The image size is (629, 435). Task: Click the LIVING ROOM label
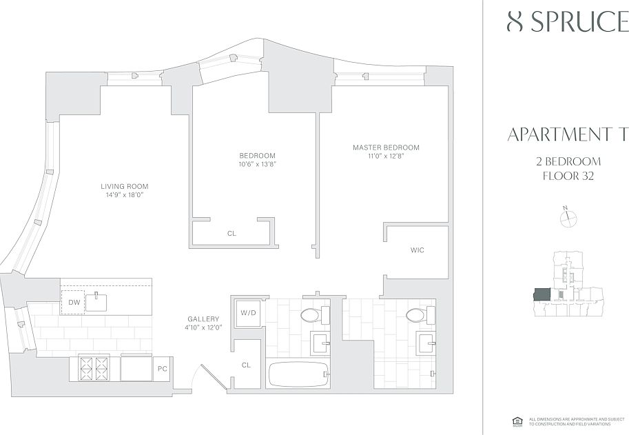[x=124, y=186]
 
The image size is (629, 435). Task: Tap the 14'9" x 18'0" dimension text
[x=124, y=195]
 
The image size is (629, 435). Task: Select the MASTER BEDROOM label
[x=386, y=148]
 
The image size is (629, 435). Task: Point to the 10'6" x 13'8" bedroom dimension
[x=257, y=164]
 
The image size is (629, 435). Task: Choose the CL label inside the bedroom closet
[x=231, y=234]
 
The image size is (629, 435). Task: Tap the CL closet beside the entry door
[x=246, y=365]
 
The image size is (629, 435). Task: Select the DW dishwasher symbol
[x=74, y=302]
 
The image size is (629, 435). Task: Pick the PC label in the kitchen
[x=163, y=369]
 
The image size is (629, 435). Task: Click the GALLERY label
[x=203, y=319]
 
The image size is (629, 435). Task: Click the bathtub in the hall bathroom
[x=298, y=374]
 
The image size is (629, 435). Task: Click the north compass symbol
[x=568, y=219]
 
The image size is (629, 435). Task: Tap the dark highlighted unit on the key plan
[x=542, y=294]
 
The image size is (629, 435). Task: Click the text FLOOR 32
[x=568, y=176]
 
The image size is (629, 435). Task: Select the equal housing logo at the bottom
[x=516, y=421]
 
